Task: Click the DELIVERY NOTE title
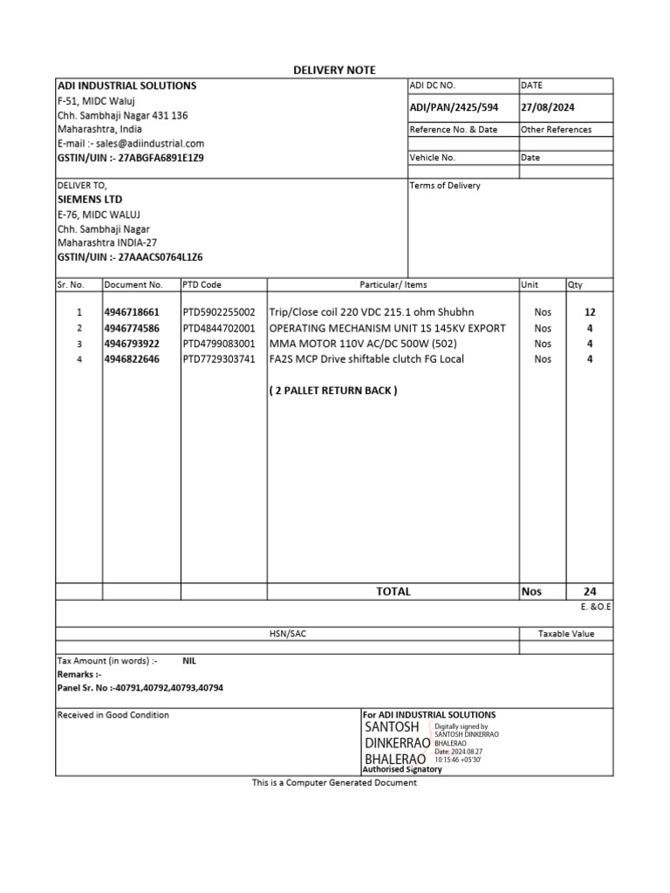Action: pos(334,70)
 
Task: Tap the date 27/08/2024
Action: pos(547,107)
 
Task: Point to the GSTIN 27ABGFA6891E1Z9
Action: pos(161,158)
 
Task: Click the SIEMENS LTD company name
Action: pos(89,200)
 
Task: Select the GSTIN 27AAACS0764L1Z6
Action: pos(162,257)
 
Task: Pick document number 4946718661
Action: pos(133,312)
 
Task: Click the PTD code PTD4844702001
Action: pos(219,328)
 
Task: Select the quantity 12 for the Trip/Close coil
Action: pos(590,312)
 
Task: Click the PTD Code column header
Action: pos(202,285)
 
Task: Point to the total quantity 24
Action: pos(590,591)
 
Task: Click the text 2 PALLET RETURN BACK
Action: pos(332,391)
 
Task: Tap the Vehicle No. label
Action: pos(432,158)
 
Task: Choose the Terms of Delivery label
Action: pos(445,186)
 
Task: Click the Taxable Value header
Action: pos(565,634)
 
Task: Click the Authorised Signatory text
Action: pos(401,769)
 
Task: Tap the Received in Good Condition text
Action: pos(113,715)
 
